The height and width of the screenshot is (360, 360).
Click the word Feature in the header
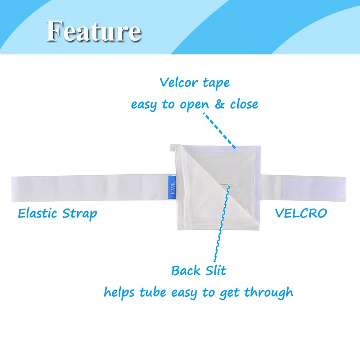(94, 31)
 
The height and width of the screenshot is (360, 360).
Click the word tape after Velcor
(216, 84)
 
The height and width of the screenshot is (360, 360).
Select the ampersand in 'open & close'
(220, 104)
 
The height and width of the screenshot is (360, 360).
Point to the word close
(244, 104)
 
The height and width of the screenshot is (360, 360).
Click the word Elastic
(37, 213)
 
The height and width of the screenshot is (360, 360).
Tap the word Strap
(80, 214)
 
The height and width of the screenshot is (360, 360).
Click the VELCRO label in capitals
(301, 213)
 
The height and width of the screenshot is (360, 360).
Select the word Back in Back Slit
(186, 270)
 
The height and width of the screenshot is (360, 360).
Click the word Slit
(216, 270)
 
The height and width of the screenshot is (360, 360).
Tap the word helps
(119, 293)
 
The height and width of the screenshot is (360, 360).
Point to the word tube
(153, 292)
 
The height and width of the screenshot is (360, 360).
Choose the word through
(269, 293)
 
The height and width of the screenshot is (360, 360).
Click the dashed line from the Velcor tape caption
(219, 130)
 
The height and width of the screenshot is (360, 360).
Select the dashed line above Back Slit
(221, 224)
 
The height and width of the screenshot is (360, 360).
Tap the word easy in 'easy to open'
(144, 105)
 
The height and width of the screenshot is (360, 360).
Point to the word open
(194, 105)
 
